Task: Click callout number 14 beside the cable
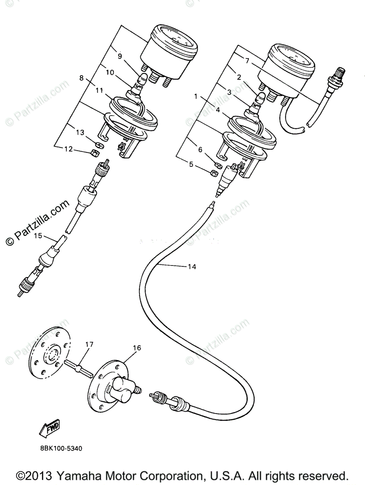192,267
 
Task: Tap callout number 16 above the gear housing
137,348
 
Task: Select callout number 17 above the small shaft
89,345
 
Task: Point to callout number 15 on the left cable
38,236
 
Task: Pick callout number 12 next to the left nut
68,149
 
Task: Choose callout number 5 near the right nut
191,164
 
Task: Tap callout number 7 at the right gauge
247,60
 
